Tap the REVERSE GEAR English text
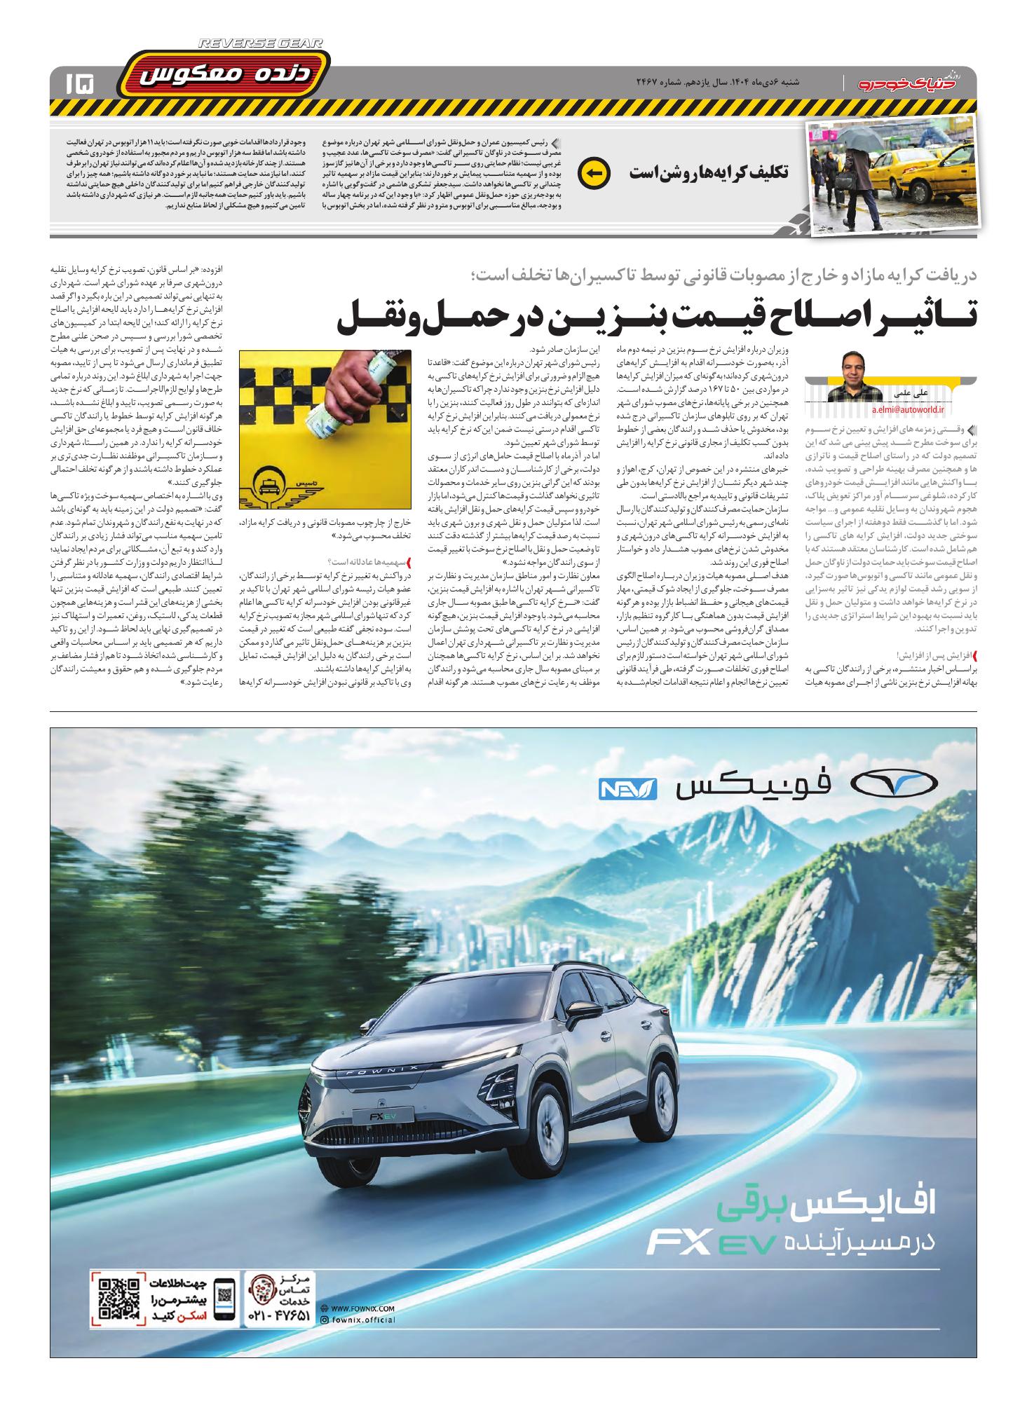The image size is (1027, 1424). pos(261,43)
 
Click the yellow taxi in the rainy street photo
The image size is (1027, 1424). pos(915,169)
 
